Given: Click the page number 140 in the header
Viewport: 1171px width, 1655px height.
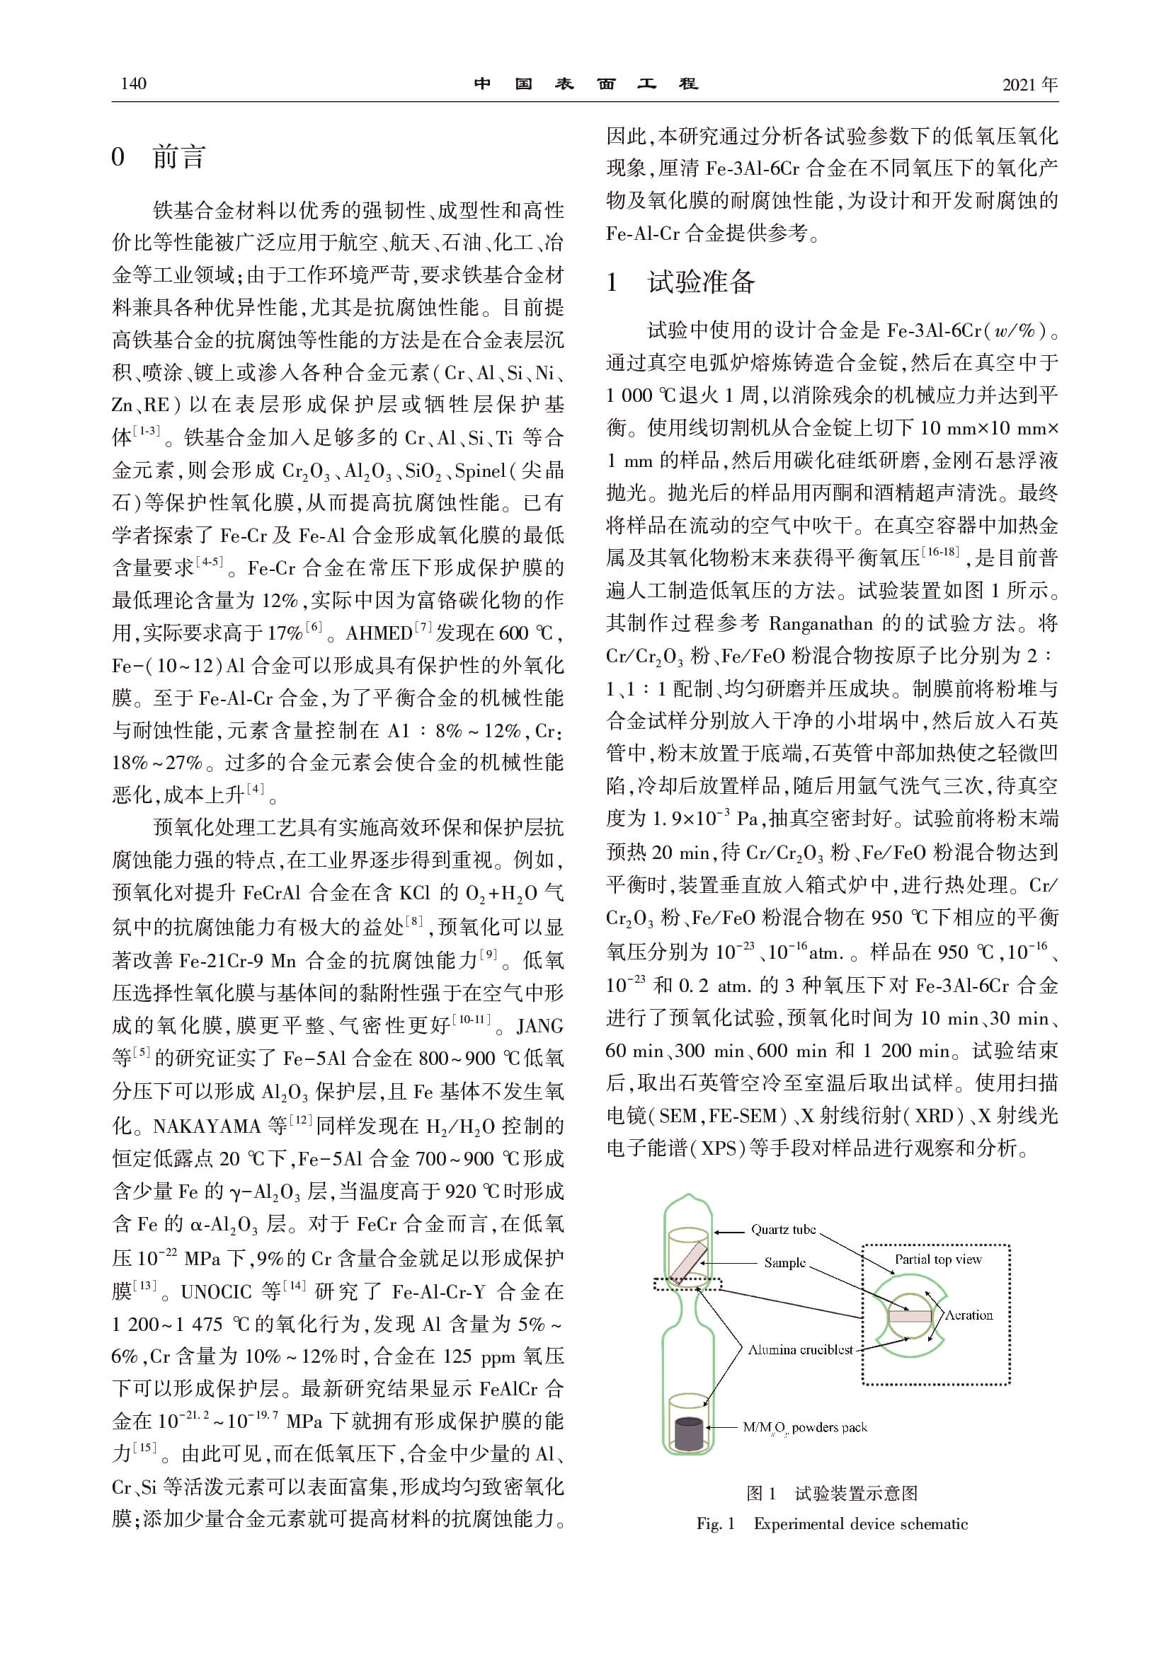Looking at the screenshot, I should [x=133, y=83].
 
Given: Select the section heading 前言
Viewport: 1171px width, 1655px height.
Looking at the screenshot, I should [x=179, y=156].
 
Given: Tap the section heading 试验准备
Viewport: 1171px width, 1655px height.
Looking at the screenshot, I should [x=701, y=282].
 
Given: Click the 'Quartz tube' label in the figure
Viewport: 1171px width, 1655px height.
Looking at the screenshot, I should [x=783, y=1229].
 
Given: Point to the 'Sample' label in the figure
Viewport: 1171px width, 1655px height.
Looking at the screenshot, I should [x=784, y=1262].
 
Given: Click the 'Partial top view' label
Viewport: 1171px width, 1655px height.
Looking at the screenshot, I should [x=937, y=1259].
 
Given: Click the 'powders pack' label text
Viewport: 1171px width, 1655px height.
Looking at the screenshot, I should [x=829, y=1427].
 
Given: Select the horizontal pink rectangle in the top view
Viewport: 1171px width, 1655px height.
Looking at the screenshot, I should [x=910, y=1316].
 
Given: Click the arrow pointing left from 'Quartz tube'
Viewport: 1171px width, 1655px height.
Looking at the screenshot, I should [x=729, y=1231].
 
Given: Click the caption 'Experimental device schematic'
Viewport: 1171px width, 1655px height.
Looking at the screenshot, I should [x=860, y=1523].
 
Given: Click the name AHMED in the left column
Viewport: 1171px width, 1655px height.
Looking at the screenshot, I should [x=379, y=633].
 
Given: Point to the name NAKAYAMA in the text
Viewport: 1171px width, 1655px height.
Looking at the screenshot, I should [x=206, y=1126].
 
